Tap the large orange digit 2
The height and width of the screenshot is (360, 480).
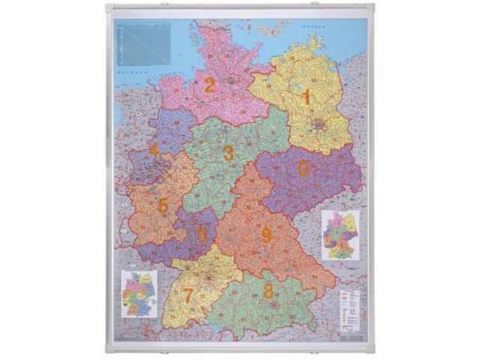pos(209,85)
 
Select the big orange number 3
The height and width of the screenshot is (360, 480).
pos(228,154)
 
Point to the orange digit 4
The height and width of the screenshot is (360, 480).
pos(154,149)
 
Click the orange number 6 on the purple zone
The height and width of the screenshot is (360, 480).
pos(202,233)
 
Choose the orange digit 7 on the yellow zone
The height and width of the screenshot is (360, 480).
pos(188,295)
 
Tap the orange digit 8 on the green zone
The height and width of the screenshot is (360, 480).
pos(268,292)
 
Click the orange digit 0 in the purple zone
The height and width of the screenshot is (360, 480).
pos(303,169)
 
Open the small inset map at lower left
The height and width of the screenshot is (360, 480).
pos(139,293)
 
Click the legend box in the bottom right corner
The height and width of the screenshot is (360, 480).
pos(349,308)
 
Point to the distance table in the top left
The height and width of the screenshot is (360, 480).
pos(142,41)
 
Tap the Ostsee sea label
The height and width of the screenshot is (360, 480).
pos(310,27)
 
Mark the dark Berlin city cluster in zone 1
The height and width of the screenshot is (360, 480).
pos(321,125)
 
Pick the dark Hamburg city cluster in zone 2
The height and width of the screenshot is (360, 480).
pos(232,78)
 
